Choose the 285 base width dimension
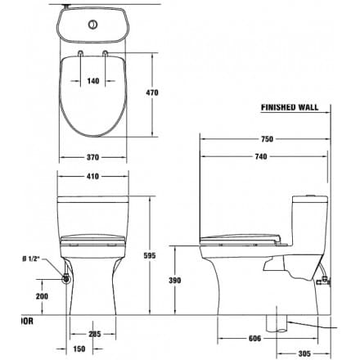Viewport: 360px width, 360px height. (96, 334)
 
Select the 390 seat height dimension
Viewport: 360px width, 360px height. (187, 280)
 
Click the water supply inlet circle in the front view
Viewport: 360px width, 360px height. (65, 280)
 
